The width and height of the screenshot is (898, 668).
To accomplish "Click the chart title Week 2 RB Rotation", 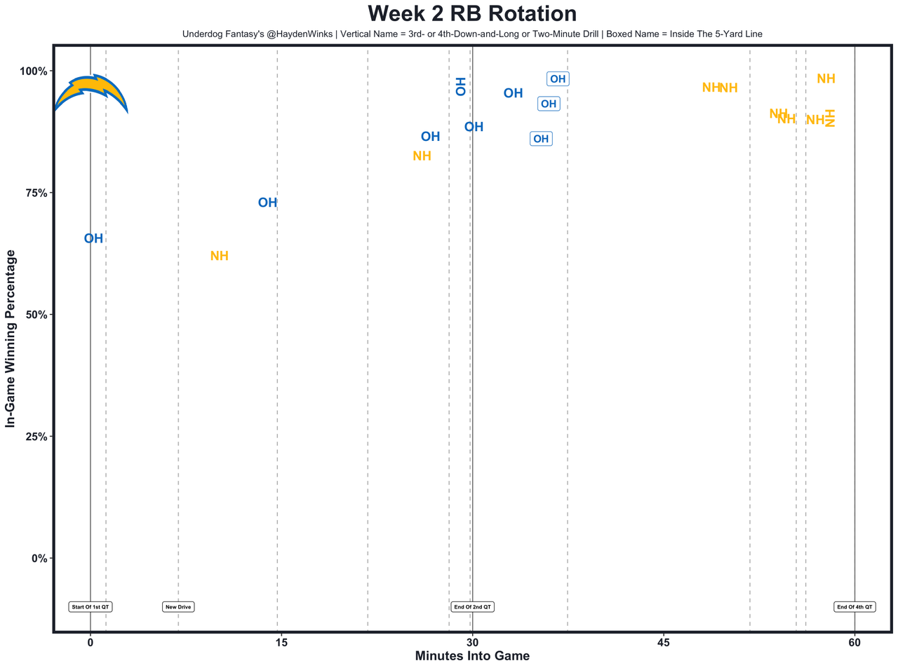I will coord(471,14).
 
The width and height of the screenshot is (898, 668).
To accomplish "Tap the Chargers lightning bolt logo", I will coord(91,91).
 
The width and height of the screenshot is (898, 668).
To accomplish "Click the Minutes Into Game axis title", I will coord(472,657).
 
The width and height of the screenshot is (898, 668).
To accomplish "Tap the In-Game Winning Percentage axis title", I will coord(11,339).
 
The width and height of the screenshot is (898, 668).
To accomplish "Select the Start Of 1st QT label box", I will coord(91,607).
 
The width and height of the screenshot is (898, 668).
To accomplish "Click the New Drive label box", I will coord(178,607).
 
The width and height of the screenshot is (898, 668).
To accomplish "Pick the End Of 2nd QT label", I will coord(472,607).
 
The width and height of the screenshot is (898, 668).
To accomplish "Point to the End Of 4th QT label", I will coord(855,607).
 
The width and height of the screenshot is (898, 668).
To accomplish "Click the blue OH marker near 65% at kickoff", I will coord(93,239).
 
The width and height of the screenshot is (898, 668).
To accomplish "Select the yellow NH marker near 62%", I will coord(220,257).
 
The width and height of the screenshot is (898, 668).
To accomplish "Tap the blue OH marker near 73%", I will coord(267,203).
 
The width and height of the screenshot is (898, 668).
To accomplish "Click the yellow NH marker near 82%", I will coord(422,156).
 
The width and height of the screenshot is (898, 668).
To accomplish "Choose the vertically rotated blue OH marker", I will coord(460,86).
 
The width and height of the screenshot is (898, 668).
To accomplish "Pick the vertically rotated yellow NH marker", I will coord(829,118).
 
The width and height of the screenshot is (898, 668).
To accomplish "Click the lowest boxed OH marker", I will coord(541,139).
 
